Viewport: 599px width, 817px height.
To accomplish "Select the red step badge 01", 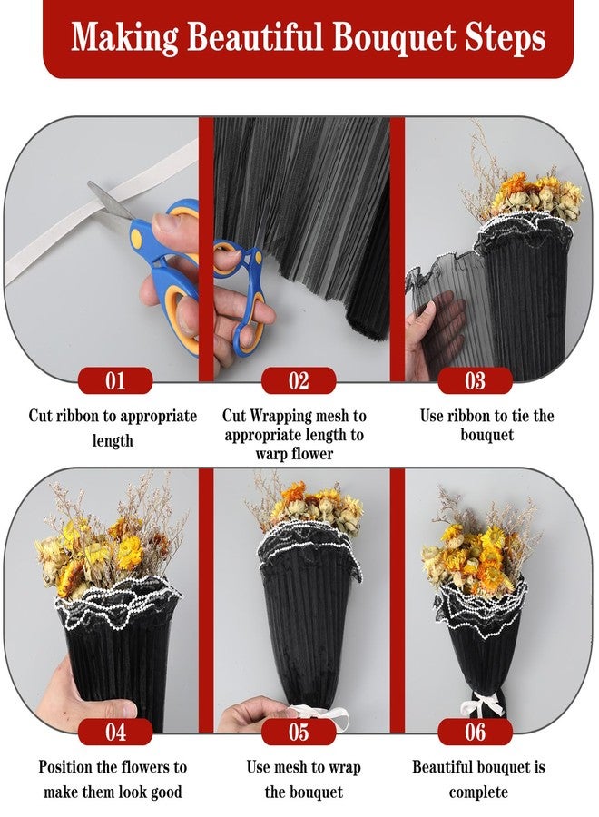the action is [x=115, y=380].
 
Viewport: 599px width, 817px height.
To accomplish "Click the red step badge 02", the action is [x=299, y=380].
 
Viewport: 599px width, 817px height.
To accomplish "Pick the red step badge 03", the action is [x=475, y=380].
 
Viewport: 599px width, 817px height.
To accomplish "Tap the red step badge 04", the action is [x=115, y=732].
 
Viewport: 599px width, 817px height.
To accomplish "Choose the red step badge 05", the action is [x=299, y=732].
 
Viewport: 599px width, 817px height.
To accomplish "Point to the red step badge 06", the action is [x=475, y=732].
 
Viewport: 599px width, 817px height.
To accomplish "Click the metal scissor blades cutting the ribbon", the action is [x=110, y=201].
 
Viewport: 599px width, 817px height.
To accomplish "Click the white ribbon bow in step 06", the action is [x=482, y=704].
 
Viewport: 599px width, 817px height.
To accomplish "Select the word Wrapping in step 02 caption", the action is [x=282, y=416].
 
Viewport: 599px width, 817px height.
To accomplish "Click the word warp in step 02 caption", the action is [x=267, y=454].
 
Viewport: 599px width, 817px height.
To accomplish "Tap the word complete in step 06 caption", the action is [x=478, y=792].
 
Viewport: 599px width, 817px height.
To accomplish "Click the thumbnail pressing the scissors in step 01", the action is [x=162, y=224].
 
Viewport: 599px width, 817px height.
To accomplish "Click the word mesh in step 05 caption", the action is [x=290, y=767].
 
